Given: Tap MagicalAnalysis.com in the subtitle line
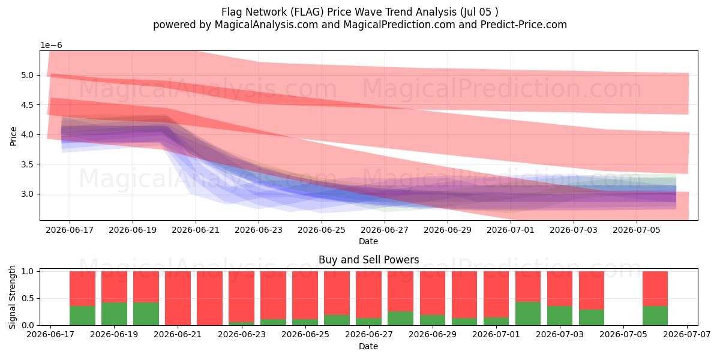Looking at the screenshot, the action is tap(266, 25).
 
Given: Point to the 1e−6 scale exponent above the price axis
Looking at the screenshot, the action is tap(51, 46).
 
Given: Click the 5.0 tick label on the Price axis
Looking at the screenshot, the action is tap(28, 75).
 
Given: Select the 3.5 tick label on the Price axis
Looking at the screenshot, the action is tap(28, 164).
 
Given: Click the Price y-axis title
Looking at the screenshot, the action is tap(13, 136).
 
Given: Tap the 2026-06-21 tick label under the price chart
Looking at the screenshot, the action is tap(196, 230).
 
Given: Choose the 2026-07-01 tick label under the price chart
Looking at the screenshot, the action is tap(511, 230).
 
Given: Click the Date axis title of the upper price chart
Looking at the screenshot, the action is tap(368, 241).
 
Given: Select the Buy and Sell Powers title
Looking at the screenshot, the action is tap(368, 260).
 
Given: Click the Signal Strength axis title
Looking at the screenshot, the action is tap(12, 298).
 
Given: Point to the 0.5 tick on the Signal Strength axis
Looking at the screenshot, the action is tap(28, 299).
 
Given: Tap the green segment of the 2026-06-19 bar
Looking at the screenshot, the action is tap(115, 314).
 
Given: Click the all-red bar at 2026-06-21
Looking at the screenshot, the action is tap(178, 298).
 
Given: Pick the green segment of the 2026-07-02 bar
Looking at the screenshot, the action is tap(528, 313).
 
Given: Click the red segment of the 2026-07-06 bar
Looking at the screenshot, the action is tap(655, 289).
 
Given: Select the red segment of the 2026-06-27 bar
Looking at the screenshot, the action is tap(368, 295).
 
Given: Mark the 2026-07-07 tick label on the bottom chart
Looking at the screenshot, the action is tap(687, 335).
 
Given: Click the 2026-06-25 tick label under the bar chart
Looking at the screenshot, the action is tap(305, 335).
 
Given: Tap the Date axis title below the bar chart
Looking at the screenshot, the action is tap(368, 346).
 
